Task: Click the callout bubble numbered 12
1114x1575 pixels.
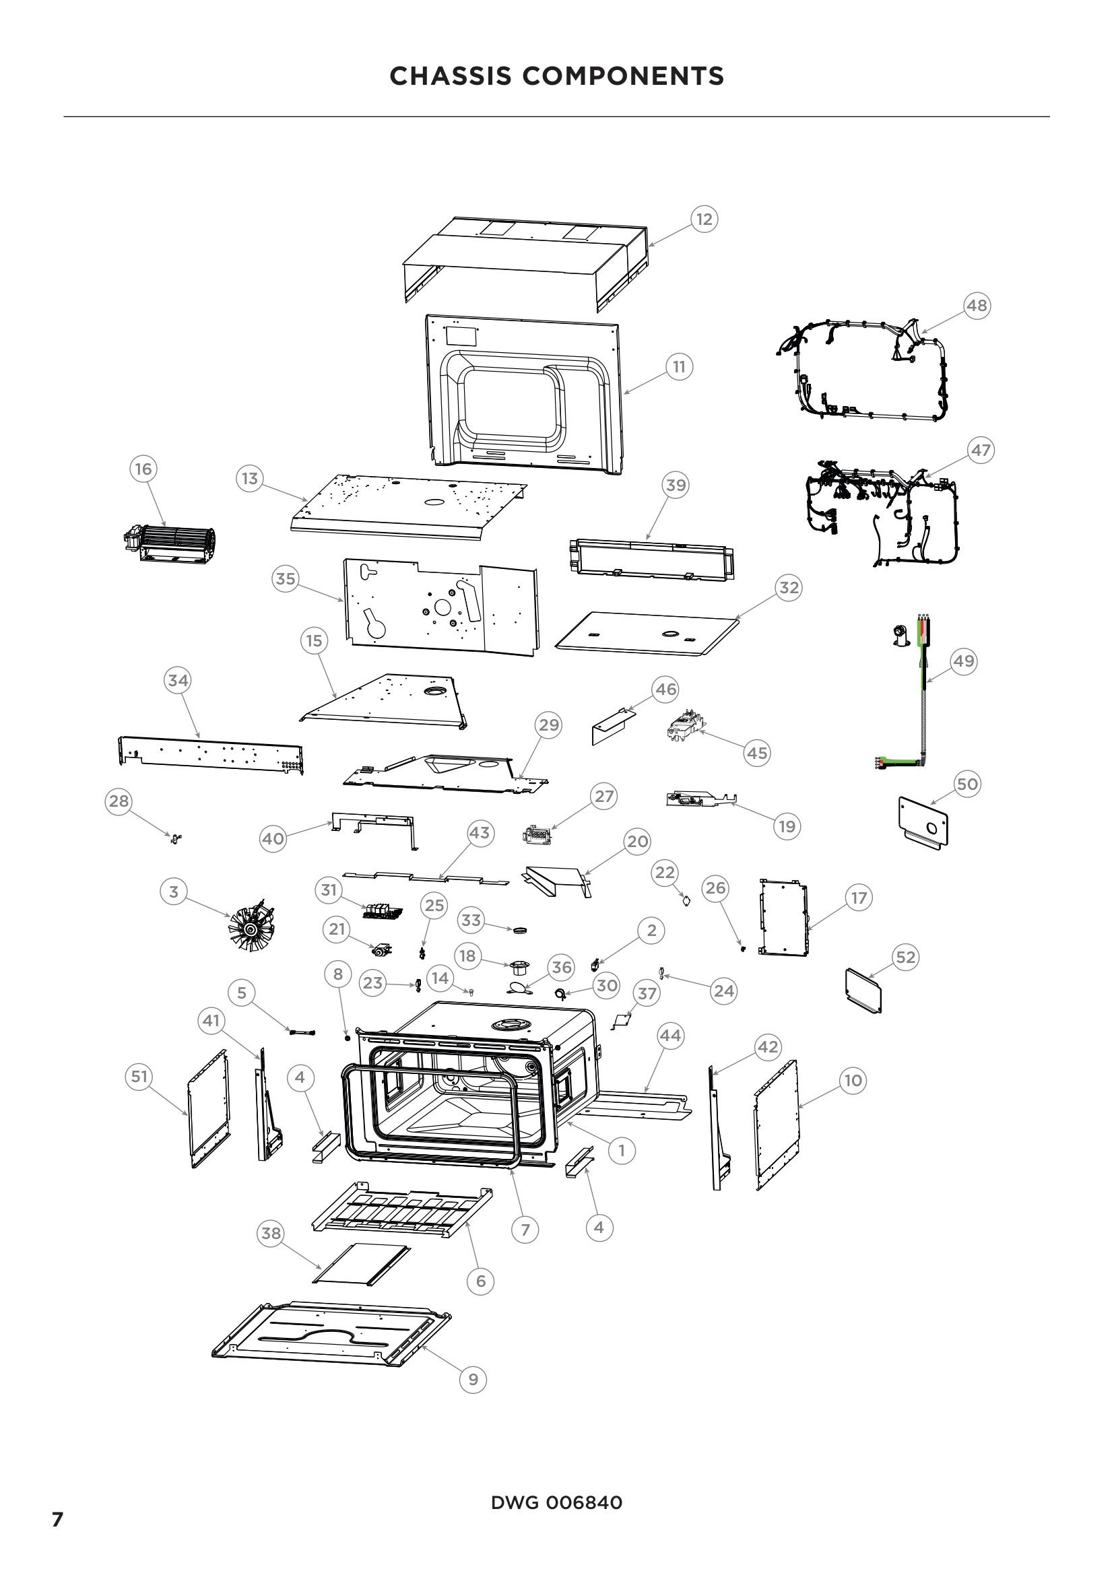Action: (704, 219)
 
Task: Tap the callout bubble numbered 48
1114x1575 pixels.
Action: (976, 304)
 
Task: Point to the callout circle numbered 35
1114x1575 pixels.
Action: (286, 578)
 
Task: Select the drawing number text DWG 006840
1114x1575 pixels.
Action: (556, 1502)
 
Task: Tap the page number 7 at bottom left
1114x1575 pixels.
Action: (58, 1519)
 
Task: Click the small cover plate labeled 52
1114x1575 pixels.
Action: (863, 990)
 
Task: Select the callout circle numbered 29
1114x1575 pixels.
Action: (548, 725)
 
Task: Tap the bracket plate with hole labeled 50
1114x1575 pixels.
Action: (923, 822)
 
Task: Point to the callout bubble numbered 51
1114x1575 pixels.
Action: (139, 1076)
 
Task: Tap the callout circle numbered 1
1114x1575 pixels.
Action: (622, 1149)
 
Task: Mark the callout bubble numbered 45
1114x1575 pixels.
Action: (756, 753)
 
